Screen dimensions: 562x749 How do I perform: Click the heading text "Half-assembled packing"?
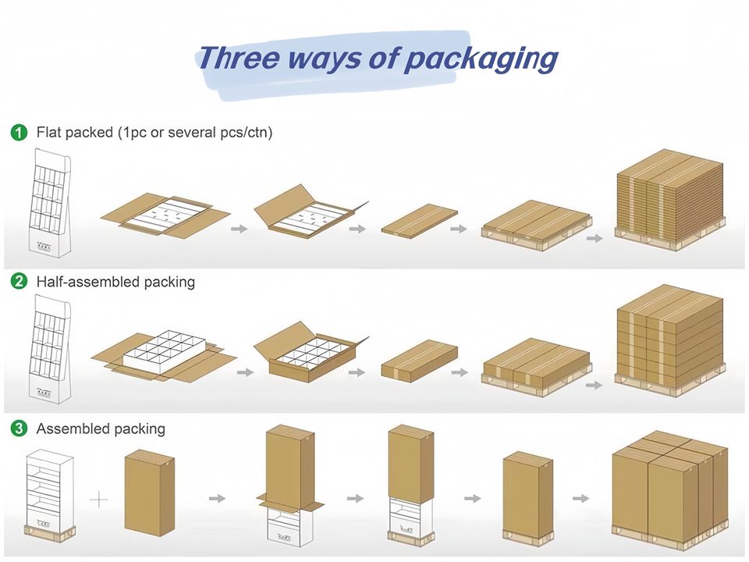click(x=115, y=281)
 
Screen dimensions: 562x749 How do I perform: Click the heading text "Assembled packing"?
click(x=101, y=429)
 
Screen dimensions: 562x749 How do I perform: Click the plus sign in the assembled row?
click(x=100, y=499)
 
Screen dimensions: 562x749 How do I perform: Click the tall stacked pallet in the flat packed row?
click(x=669, y=199)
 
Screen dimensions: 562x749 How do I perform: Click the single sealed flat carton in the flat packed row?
click(x=417, y=219)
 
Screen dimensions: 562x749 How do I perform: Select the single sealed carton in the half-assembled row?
click(x=417, y=359)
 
